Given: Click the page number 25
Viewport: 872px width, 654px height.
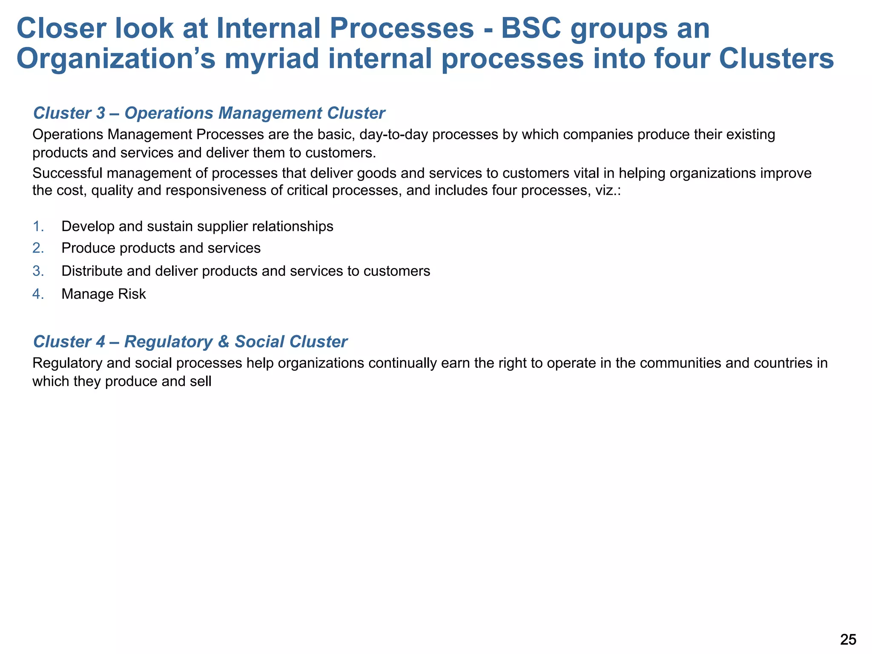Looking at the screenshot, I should point(848,640).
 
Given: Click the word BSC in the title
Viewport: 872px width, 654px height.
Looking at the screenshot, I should point(530,29).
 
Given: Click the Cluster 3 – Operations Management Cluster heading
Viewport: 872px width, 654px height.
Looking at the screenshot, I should point(209,113).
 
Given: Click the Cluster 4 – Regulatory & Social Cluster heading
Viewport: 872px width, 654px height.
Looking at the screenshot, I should point(190,341).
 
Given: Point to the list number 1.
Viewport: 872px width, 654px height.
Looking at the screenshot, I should point(38,227).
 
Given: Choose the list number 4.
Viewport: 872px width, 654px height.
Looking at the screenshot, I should point(38,294).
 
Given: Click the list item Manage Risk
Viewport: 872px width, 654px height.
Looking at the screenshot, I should point(103,294).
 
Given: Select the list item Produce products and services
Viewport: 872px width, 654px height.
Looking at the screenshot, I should point(161,248).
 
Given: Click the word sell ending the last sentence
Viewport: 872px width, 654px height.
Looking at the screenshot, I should point(201,381).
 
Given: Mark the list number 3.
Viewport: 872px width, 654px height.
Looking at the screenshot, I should point(38,271).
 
